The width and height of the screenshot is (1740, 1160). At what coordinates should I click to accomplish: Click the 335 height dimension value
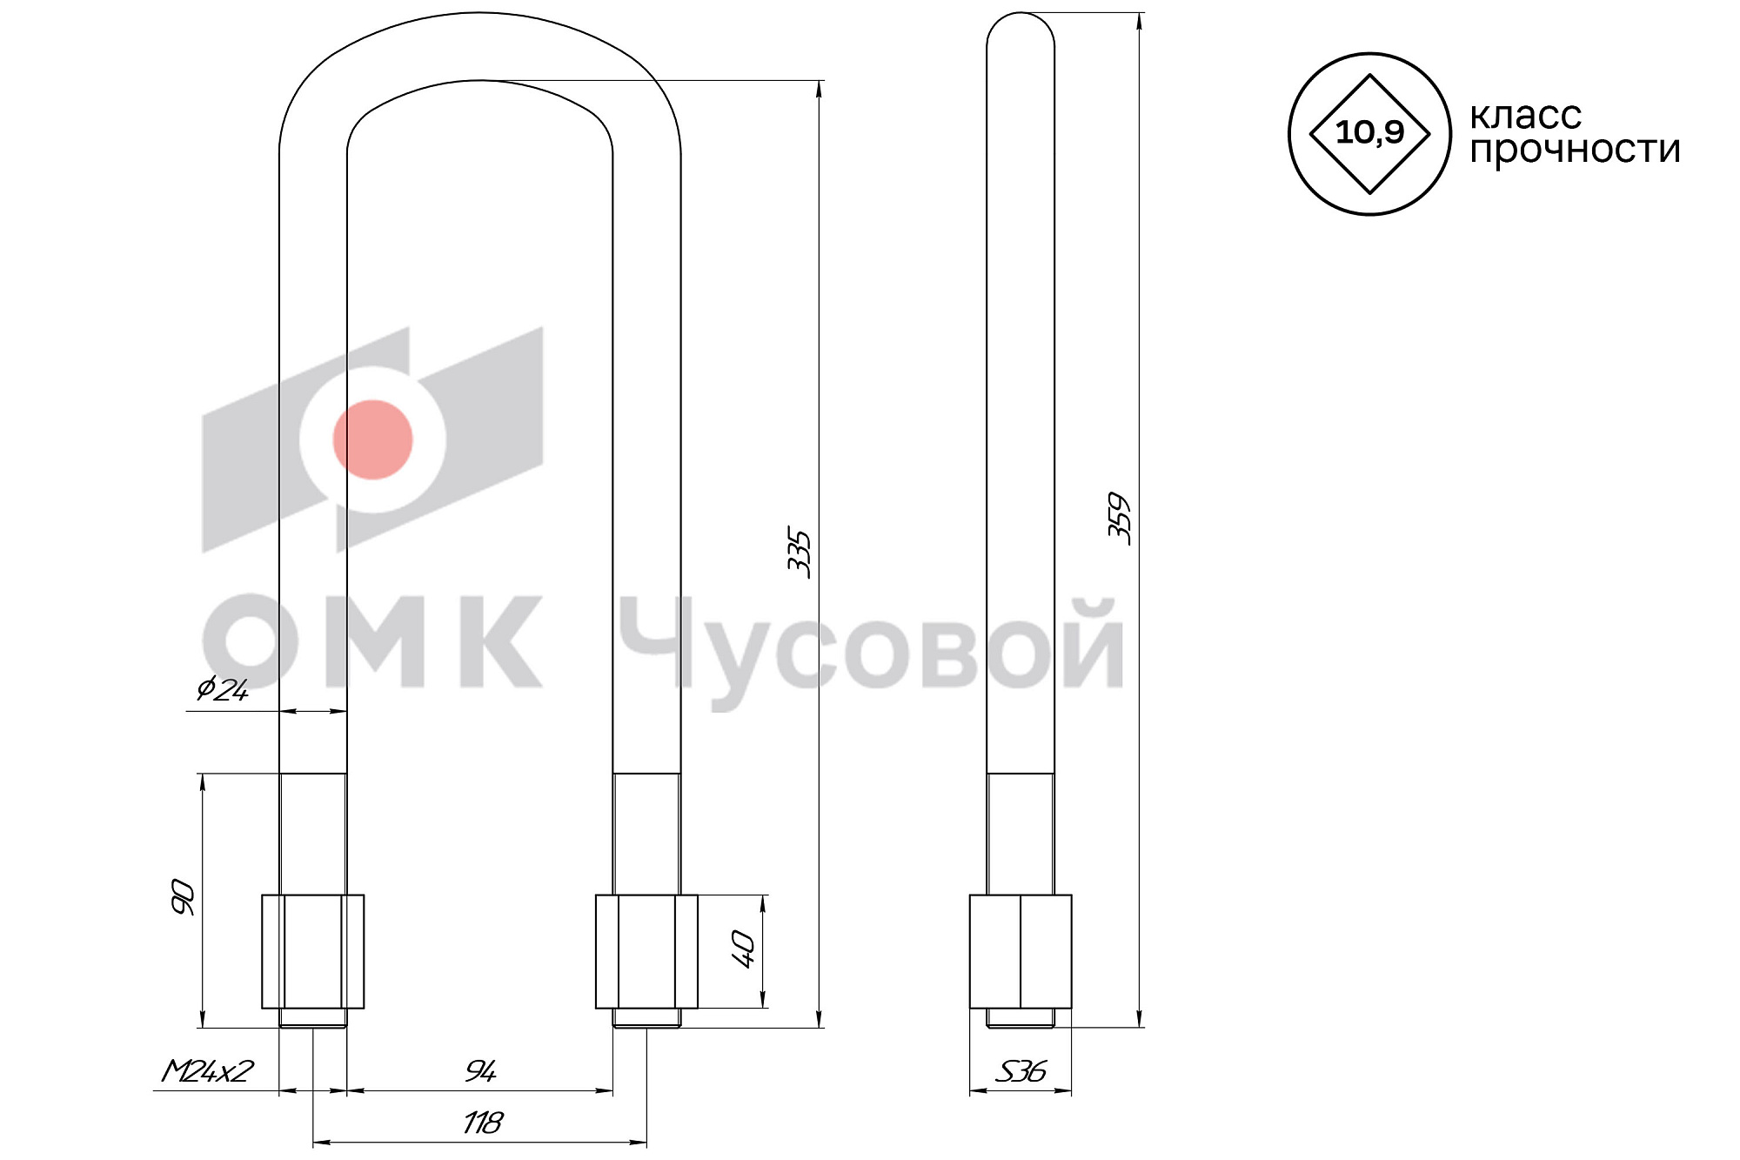tap(799, 553)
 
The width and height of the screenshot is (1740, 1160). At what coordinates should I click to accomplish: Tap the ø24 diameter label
tap(223, 690)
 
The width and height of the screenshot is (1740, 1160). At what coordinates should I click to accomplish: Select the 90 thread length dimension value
tap(183, 897)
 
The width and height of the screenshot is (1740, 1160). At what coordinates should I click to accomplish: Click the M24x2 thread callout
tap(207, 1071)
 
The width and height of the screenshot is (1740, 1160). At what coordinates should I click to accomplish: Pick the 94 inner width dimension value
tap(480, 1071)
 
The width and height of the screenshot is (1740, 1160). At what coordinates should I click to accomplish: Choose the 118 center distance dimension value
tap(482, 1123)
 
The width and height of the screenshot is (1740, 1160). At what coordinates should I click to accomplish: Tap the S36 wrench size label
tap(1021, 1071)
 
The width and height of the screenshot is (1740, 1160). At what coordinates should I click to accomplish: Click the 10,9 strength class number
tap(1369, 132)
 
